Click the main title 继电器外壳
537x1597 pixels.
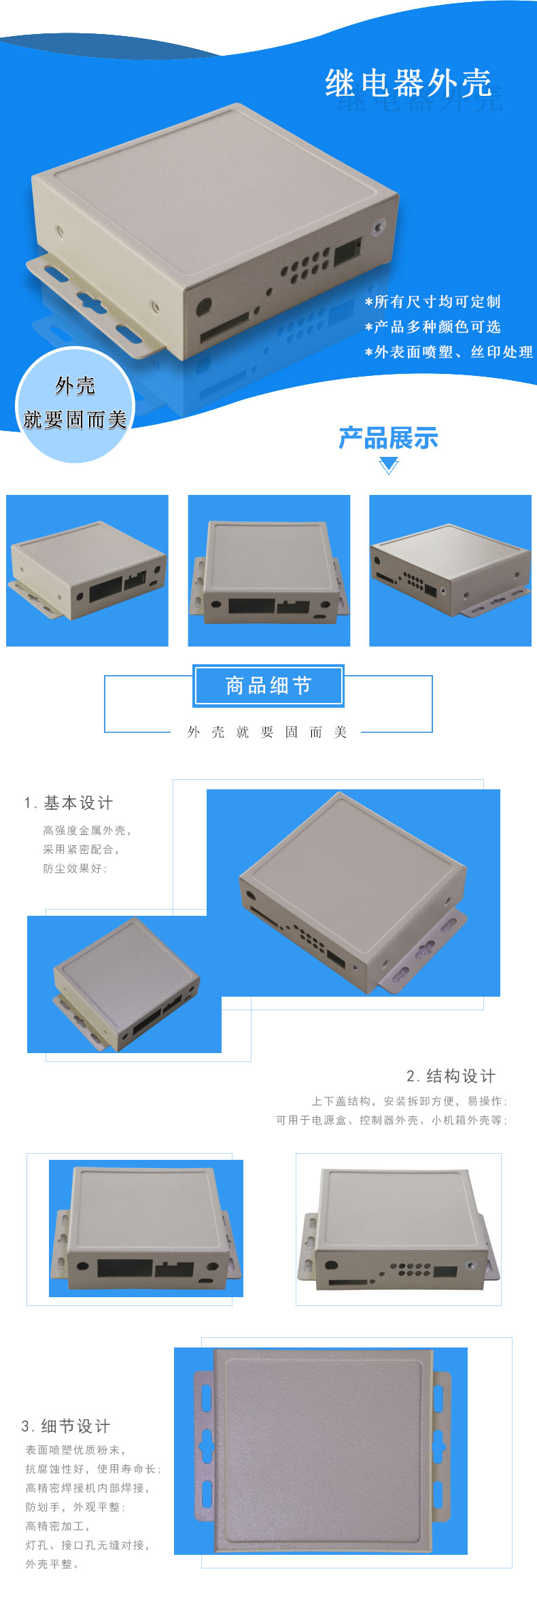tap(409, 84)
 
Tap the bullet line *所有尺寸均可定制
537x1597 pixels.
tap(433, 302)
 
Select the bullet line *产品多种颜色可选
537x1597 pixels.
tap(433, 327)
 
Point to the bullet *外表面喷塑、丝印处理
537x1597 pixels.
tap(449, 352)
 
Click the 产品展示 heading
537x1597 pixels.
tap(388, 439)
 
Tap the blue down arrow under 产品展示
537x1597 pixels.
tap(388, 466)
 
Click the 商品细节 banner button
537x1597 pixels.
tap(268, 685)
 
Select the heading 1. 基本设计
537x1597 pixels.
tap(69, 803)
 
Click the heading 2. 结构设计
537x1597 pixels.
tap(451, 1076)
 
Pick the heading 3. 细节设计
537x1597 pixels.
tap(66, 1426)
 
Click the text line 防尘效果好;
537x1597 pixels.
tap(75, 868)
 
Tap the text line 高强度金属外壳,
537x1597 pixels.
tap(87, 830)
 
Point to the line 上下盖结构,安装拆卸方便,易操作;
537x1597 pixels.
tap(409, 1101)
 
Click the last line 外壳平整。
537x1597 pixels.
tap(52, 1564)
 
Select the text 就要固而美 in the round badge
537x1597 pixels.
tap(75, 419)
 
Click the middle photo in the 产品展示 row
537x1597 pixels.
tap(269, 570)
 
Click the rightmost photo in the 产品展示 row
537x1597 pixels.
tap(450, 570)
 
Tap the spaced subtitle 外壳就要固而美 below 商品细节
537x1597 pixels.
tap(267, 732)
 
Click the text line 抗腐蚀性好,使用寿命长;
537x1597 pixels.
tap(93, 1469)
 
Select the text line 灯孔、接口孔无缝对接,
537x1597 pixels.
tap(88, 1545)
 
